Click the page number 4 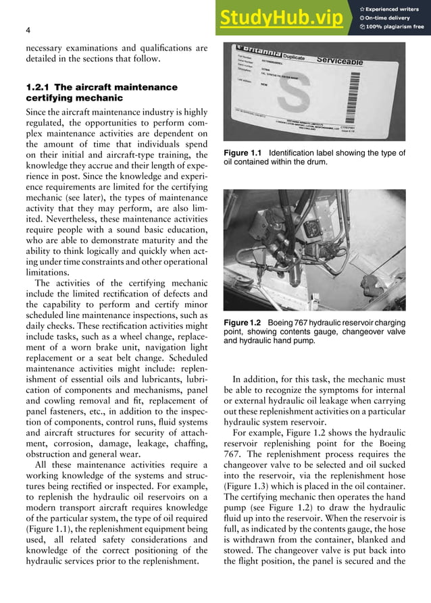click(27, 30)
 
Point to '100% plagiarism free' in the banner click(395, 27)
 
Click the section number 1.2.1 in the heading click(37, 88)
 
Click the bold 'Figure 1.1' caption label click(243, 153)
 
